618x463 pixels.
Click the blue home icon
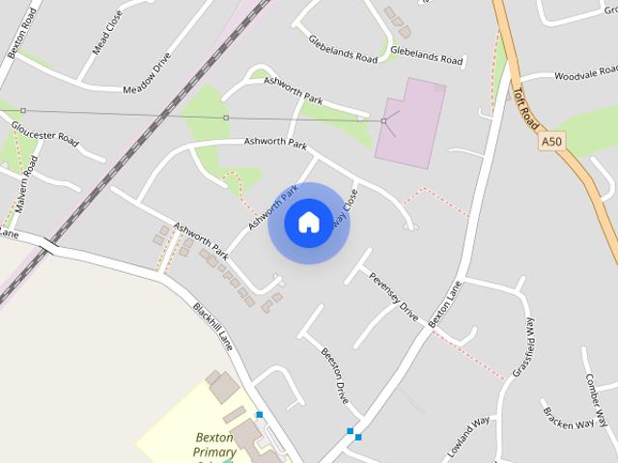[x=308, y=222]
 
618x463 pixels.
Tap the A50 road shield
[x=550, y=141]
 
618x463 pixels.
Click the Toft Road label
[x=523, y=103]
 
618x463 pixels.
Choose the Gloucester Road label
[x=45, y=133]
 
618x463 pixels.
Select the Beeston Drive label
[x=335, y=375]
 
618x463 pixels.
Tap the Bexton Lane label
[x=445, y=302]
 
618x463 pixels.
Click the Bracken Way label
[x=567, y=418]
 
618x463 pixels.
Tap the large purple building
[x=411, y=122]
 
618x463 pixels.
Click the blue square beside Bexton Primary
[x=259, y=415]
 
